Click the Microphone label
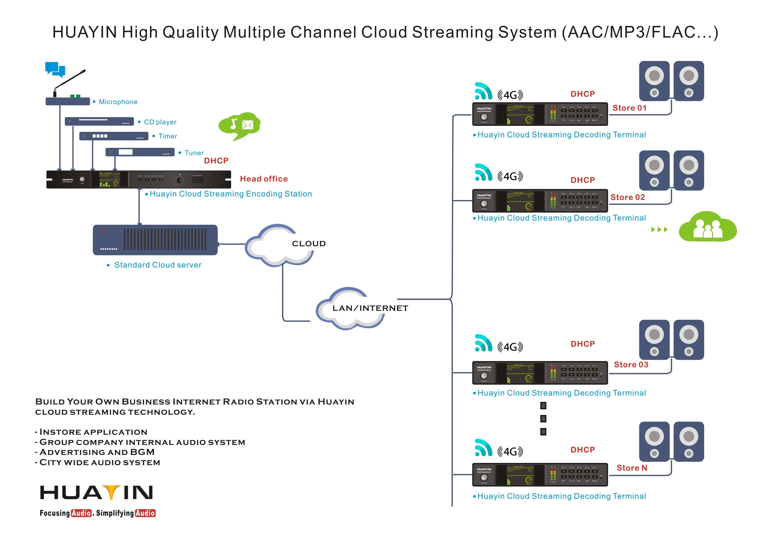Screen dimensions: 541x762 tap(118, 102)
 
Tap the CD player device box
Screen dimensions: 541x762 tap(99, 121)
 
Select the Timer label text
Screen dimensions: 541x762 tap(168, 136)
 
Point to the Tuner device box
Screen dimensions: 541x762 tap(140, 152)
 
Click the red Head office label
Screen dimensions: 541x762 tap(264, 179)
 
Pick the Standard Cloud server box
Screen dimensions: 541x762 tap(155, 240)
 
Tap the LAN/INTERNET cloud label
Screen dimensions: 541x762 tap(370, 308)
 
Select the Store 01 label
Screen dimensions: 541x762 tap(629, 108)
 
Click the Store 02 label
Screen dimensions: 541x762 tap(628, 197)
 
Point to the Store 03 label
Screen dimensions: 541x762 tap(631, 365)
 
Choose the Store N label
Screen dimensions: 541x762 tap(632, 468)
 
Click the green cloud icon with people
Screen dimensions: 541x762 tap(708, 227)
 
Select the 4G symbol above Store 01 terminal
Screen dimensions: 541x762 tap(510, 95)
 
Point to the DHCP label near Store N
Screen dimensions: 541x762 tap(582, 450)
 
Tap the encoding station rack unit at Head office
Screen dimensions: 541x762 tap(138, 180)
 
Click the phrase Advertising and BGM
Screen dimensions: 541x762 tap(97, 452)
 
